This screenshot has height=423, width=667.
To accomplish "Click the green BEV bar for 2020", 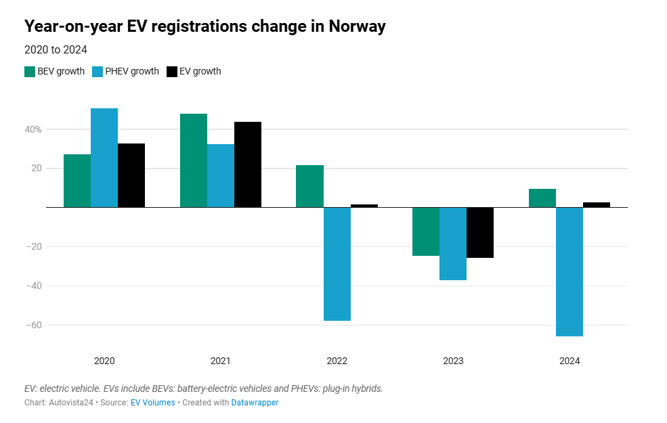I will tap(77, 181).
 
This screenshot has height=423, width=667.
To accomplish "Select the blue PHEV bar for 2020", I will tap(104, 158).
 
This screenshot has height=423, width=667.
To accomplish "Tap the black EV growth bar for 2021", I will tap(248, 164).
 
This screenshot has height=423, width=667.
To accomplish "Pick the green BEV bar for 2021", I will tap(194, 160).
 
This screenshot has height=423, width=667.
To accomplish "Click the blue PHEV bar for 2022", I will tap(337, 264).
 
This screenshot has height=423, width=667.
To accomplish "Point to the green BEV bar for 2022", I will tap(309, 186).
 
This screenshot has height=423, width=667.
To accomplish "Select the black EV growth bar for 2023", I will tap(480, 232).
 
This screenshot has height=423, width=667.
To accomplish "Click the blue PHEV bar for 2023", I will tap(453, 244).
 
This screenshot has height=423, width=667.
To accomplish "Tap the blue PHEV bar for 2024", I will tap(569, 271).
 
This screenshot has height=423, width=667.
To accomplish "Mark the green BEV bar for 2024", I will tap(542, 198).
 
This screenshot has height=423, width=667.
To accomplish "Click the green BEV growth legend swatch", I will tap(30, 72).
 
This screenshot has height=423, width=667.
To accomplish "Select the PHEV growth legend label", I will tap(132, 72).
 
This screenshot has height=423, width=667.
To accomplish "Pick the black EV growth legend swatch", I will tap(172, 72).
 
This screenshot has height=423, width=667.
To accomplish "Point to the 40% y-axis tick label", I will tap(35, 129).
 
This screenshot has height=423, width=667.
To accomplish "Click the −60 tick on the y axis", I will tap(33, 325).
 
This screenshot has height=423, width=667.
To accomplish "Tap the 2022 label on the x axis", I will tap(337, 361).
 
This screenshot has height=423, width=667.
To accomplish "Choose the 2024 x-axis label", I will tap(569, 361).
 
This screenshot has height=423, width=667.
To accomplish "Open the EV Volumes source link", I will tap(152, 403).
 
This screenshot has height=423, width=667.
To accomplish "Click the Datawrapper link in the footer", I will tap(255, 403).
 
